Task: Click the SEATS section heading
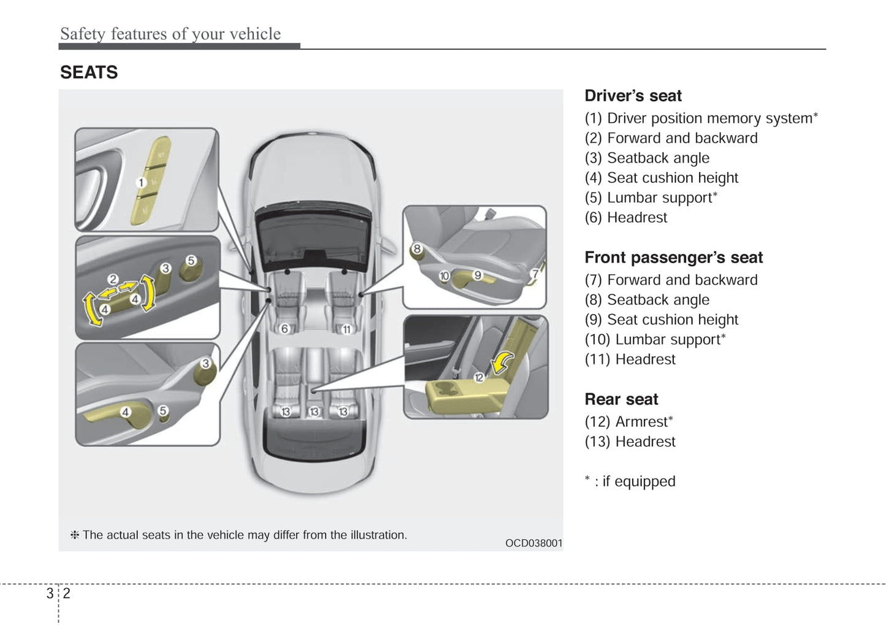pos(89,72)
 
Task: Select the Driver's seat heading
pos(633,96)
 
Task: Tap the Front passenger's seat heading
pos(673,258)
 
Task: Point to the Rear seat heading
pos(621,399)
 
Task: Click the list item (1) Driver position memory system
pos(700,118)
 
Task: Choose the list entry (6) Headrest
pos(625,218)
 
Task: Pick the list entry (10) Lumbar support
pos(654,340)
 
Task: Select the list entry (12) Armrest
pos(628,422)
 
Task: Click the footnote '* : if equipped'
pos(630,481)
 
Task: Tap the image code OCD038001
pos(533,543)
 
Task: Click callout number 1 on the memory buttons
pos(141,182)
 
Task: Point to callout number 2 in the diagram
pos(113,279)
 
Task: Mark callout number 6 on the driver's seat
pos(285,329)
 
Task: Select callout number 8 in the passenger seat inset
pos(417,248)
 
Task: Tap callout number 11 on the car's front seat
pos(346,329)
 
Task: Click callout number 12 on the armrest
pos(479,377)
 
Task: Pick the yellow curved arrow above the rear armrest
pos(503,362)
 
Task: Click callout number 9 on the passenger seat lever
pos(478,275)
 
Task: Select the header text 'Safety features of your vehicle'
pos(170,34)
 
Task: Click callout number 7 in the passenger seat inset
pos(535,274)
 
